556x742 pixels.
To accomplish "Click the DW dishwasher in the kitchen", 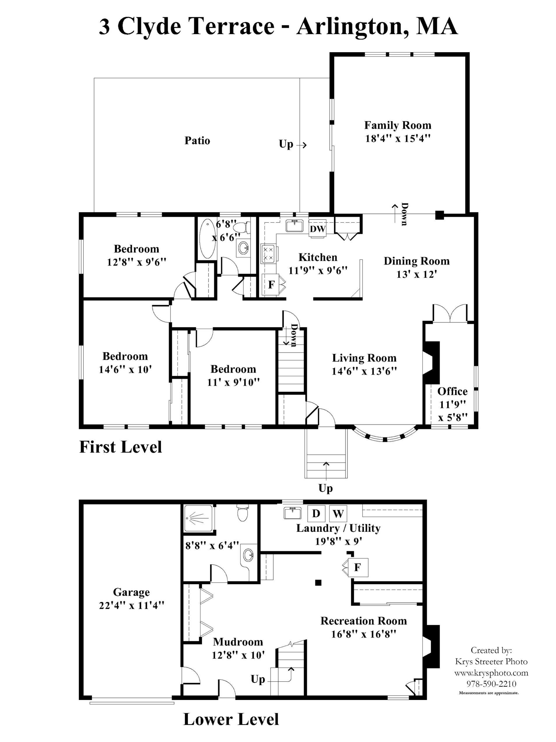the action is [317, 229].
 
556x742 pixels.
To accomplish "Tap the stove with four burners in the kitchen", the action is [268, 253].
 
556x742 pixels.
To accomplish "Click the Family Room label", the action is [397, 125].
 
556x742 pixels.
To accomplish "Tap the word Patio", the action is [197, 140].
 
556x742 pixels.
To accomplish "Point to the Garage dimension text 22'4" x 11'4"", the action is [131, 605].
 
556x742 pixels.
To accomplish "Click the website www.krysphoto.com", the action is [491, 673].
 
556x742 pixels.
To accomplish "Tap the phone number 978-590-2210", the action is [491, 684].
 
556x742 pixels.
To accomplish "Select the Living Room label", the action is [364, 358].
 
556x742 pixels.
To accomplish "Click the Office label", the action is [452, 391].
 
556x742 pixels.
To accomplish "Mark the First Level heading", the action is [120, 447].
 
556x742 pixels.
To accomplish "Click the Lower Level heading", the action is [231, 719].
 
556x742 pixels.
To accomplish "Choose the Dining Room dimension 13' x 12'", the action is [417, 274].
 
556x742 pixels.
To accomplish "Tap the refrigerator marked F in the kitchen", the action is [271, 285].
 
